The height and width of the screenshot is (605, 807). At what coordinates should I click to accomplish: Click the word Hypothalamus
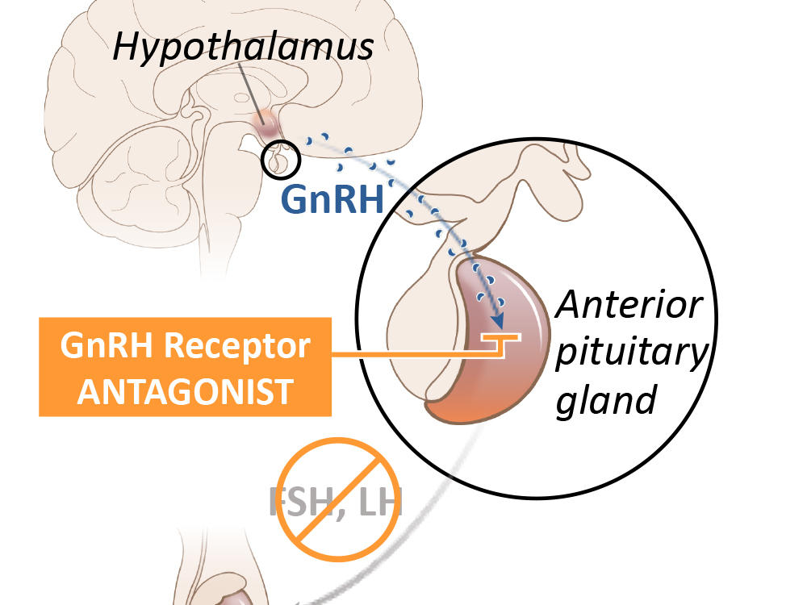point(244,47)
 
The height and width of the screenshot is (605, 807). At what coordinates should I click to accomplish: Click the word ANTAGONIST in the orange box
point(186,392)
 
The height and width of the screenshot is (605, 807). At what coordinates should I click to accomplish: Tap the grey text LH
point(379,502)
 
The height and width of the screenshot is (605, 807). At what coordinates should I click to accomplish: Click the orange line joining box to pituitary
point(403,354)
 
